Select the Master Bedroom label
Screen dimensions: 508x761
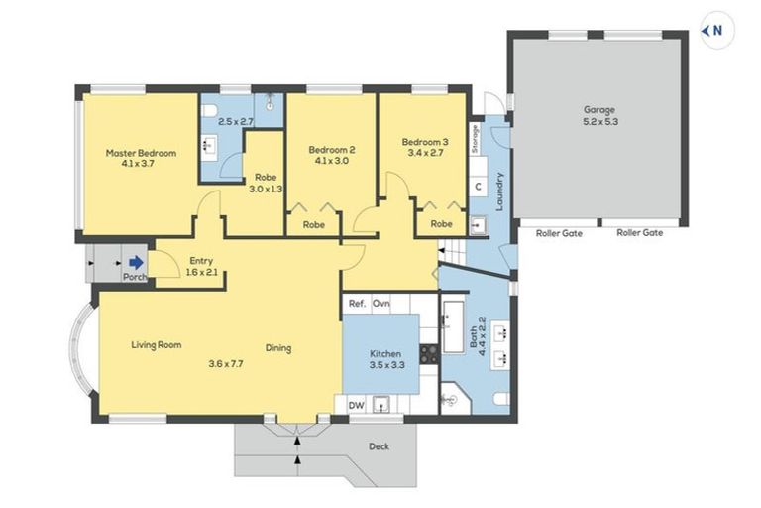click(141, 159)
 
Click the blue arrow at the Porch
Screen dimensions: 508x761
click(134, 263)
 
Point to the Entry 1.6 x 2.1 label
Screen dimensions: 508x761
click(202, 267)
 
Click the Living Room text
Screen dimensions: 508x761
click(157, 345)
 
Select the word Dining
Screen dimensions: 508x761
click(278, 348)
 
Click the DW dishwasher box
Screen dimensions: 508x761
click(354, 405)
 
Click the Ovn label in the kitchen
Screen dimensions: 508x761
click(381, 304)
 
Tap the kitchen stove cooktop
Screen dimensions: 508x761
click(429, 353)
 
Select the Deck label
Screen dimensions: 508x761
click(379, 446)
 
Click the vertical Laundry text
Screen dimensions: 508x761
click(501, 191)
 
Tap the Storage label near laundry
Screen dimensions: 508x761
click(476, 138)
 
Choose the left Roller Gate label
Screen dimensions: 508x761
click(559, 234)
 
